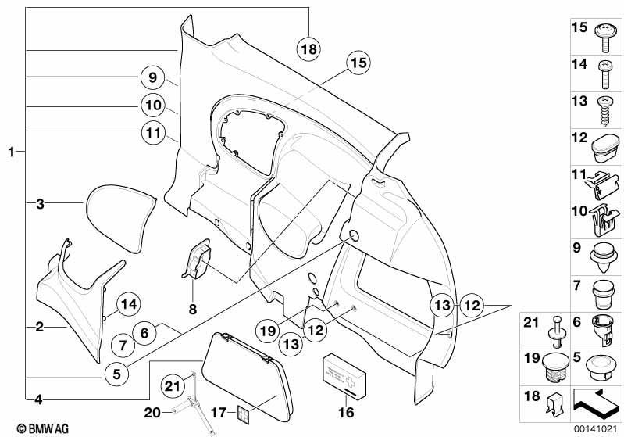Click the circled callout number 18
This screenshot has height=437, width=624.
308,49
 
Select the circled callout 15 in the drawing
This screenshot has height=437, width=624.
358,63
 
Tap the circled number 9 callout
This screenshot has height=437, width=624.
153,77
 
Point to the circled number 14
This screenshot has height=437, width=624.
129,304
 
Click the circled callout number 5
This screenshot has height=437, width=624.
116,374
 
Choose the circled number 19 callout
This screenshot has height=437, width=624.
267,330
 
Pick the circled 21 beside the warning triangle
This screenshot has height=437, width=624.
173,386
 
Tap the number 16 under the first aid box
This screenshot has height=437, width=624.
346,412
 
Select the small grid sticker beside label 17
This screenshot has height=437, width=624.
244,413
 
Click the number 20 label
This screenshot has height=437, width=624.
152,412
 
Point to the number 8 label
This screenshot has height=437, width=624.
193,309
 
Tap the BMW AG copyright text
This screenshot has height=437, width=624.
43,428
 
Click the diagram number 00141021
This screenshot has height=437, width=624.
595,428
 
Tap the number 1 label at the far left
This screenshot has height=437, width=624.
12,152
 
